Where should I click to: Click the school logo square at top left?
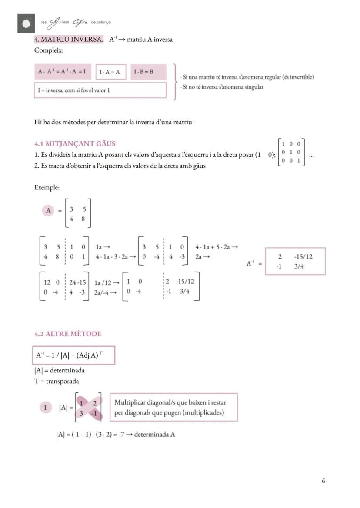pos(26,23)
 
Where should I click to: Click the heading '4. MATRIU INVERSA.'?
pos(69,40)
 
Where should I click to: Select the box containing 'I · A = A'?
pos(110,72)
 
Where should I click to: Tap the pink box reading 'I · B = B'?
pos(143,72)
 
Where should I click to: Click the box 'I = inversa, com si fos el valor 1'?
pos(100,90)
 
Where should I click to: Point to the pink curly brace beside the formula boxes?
pos(175,82)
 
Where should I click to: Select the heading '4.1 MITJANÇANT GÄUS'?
pos(75,143)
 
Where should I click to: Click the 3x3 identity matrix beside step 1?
pos(291,152)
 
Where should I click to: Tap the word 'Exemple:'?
pos(47,188)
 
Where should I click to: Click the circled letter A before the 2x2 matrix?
pos(48,211)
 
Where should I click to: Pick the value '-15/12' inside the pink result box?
pos(303,256)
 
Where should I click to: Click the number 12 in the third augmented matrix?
pos(47,282)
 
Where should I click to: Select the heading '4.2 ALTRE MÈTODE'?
pos(68,334)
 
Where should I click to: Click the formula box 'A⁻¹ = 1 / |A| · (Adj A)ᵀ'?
pos(73,355)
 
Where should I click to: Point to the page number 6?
pos(323,481)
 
